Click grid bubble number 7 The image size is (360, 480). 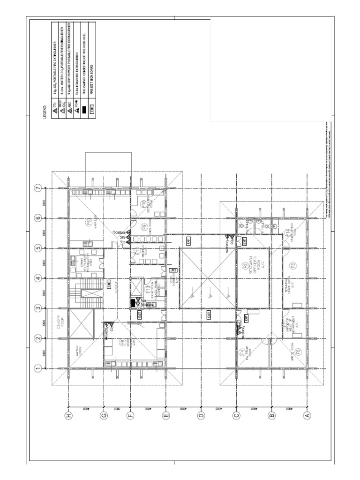(38, 188)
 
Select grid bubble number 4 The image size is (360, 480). (38, 278)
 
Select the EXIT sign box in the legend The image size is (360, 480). (92, 109)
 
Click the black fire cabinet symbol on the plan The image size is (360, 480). (133, 303)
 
